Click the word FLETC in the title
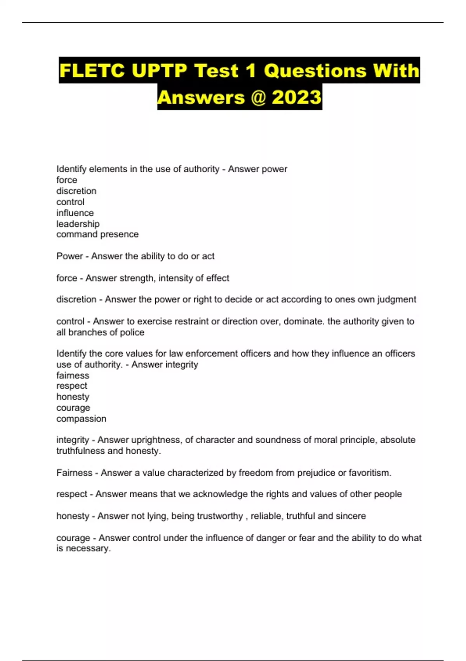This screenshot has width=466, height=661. pyautogui.click(x=92, y=71)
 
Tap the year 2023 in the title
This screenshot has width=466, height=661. pyautogui.click(x=297, y=97)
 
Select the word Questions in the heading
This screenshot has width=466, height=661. pyautogui.click(x=315, y=71)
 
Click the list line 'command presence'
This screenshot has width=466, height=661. pyautogui.click(x=97, y=234)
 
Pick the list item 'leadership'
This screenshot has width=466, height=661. pyautogui.click(x=78, y=224)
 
